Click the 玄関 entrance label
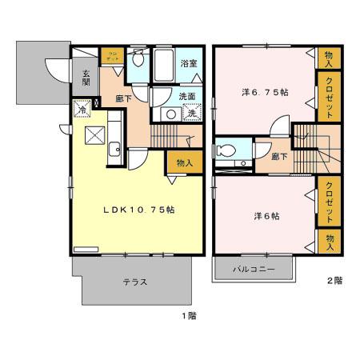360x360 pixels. point(86,78)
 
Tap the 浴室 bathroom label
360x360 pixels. point(189,63)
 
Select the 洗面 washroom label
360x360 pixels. point(187,97)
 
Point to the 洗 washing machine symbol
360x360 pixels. point(192,113)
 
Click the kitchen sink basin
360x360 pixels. point(114,147)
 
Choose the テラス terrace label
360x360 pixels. point(134,282)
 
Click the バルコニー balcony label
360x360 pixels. point(254,270)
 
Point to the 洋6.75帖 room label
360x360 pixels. point(265,93)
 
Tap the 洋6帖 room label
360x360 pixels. point(266,216)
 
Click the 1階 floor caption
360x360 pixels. point(188,315)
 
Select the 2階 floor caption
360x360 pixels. point(334,280)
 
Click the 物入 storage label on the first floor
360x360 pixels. point(184,162)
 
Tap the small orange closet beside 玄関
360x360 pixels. point(110,58)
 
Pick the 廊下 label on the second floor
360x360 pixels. point(279,158)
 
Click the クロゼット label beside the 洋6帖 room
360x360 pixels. point(329,203)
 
